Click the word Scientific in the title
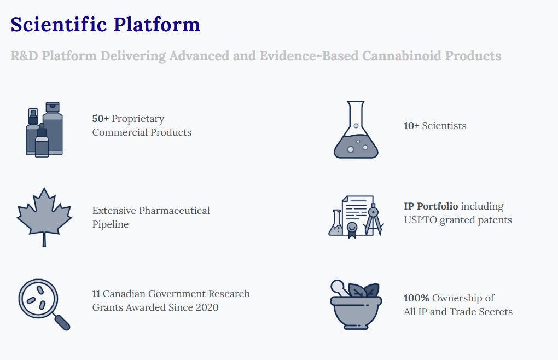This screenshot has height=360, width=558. (x=59, y=24)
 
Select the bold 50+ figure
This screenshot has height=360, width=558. (x=100, y=119)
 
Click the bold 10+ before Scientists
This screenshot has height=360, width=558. (x=411, y=126)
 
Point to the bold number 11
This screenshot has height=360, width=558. (x=96, y=293)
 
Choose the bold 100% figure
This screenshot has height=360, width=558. (x=416, y=298)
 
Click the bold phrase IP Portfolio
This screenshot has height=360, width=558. (x=431, y=206)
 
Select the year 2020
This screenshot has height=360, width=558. (x=207, y=307)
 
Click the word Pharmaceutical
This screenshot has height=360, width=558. (x=174, y=210)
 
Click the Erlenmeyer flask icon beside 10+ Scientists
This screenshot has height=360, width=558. (x=356, y=130)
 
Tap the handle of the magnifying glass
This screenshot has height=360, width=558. (x=62, y=322)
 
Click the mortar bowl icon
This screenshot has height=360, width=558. (x=356, y=312)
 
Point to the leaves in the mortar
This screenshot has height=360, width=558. (x=364, y=291)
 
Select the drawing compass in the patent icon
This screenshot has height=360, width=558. (x=373, y=219)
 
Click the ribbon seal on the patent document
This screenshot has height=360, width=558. (x=352, y=229)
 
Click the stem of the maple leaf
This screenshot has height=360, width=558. (x=44, y=240)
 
